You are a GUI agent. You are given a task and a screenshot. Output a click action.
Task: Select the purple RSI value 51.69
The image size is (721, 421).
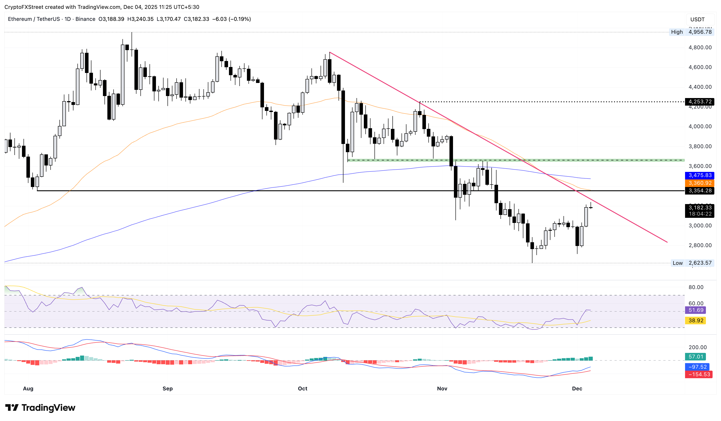point(695,310)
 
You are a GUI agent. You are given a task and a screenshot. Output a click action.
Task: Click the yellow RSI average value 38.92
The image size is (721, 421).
point(695,320)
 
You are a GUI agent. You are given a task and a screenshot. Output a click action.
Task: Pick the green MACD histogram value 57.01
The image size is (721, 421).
point(695,357)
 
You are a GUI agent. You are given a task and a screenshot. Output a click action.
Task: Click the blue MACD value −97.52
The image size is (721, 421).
point(697,367)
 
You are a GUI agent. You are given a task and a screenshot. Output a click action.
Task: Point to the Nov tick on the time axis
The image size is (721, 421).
point(442,388)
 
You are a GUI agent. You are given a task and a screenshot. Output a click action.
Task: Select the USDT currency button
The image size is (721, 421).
point(697,20)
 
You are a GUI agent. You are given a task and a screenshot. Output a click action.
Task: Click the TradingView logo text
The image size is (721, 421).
point(48,407)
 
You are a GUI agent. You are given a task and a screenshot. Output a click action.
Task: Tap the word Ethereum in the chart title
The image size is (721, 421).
point(20,19)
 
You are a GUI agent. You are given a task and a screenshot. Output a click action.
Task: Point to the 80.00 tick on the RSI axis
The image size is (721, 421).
point(695,287)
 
